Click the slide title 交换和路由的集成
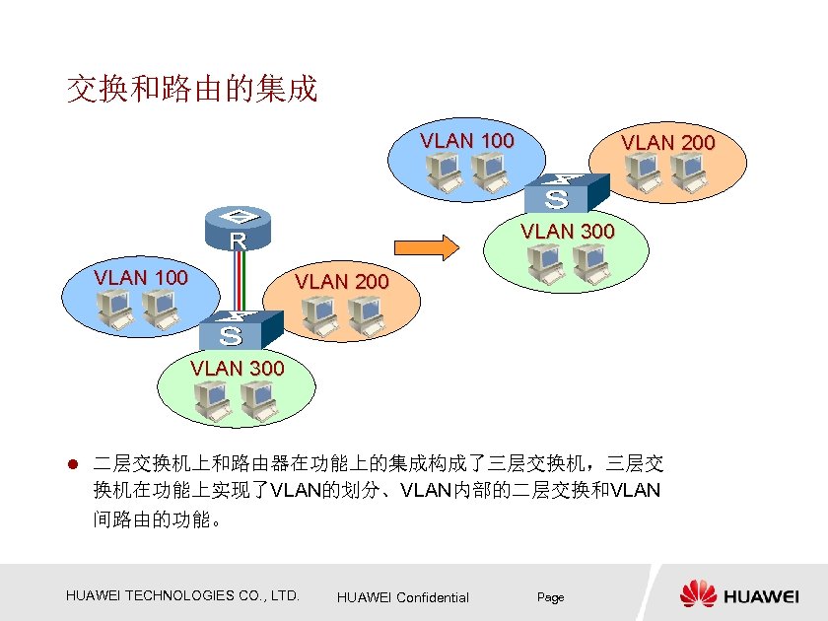(x=191, y=90)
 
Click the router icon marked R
(x=238, y=229)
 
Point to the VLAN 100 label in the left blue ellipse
(x=141, y=277)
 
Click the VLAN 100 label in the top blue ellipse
(x=466, y=141)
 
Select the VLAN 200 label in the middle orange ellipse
(x=341, y=282)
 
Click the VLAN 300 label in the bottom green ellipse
(x=237, y=369)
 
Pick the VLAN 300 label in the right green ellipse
(x=567, y=232)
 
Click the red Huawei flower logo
(x=698, y=594)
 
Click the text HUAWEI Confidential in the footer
(x=402, y=597)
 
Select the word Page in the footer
(x=550, y=597)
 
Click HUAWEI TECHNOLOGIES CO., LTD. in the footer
(x=182, y=595)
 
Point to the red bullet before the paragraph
(x=71, y=463)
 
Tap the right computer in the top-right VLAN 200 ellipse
(x=685, y=173)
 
